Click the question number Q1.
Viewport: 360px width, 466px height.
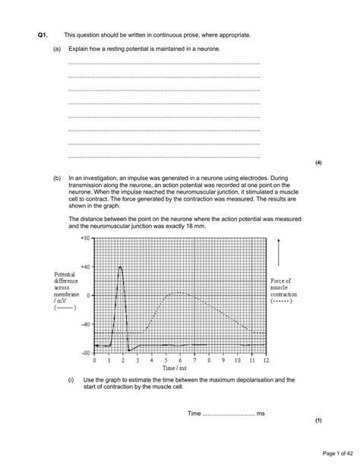point(43,35)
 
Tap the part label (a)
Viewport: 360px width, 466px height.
point(56,49)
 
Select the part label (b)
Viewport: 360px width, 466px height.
point(56,177)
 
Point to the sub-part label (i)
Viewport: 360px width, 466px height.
point(71,379)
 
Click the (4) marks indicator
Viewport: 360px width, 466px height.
point(318,162)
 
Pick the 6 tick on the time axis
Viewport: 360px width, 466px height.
point(180,360)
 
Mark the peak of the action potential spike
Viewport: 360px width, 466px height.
point(121,268)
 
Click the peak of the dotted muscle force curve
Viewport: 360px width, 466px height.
point(179,293)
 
